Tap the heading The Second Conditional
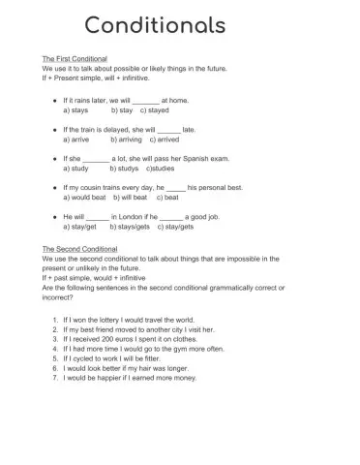[80, 248]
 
